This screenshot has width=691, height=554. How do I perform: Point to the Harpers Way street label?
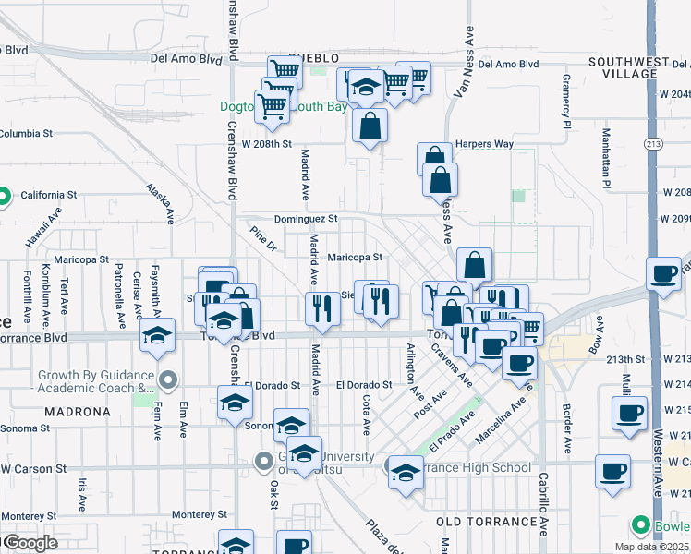(x=483, y=144)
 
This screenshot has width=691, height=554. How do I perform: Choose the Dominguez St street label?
(x=306, y=220)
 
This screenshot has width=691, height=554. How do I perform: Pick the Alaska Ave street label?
(x=159, y=202)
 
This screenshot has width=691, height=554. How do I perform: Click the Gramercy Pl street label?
(x=566, y=109)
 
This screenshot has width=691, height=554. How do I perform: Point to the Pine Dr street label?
(x=263, y=237)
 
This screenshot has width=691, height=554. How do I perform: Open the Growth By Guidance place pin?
(x=168, y=379)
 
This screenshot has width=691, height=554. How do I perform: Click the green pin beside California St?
(x=5, y=195)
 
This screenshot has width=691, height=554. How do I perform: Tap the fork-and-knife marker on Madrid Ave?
(x=322, y=307)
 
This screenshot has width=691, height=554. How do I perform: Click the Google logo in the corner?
(x=29, y=543)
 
